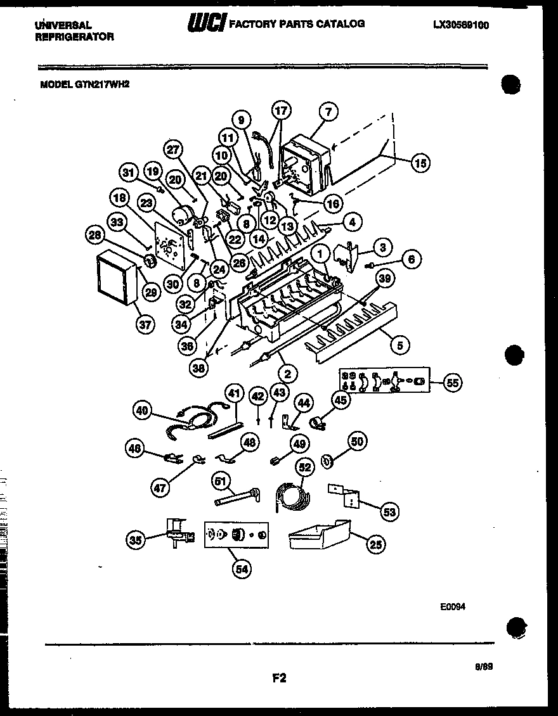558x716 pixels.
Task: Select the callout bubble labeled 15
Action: point(419,163)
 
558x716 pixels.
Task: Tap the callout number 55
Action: point(452,382)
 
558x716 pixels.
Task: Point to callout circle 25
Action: point(376,543)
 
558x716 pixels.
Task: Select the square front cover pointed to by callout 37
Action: point(117,278)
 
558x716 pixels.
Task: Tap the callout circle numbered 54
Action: point(242,568)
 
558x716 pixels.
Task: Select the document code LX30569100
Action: point(461,25)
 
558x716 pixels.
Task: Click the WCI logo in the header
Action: point(205,24)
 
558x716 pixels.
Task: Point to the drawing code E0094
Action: point(453,606)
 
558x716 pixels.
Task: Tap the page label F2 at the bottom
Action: point(280,678)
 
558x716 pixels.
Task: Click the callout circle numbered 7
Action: point(328,112)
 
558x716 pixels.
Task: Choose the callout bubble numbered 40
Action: point(143,411)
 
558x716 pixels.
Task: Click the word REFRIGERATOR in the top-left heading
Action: point(74,37)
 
